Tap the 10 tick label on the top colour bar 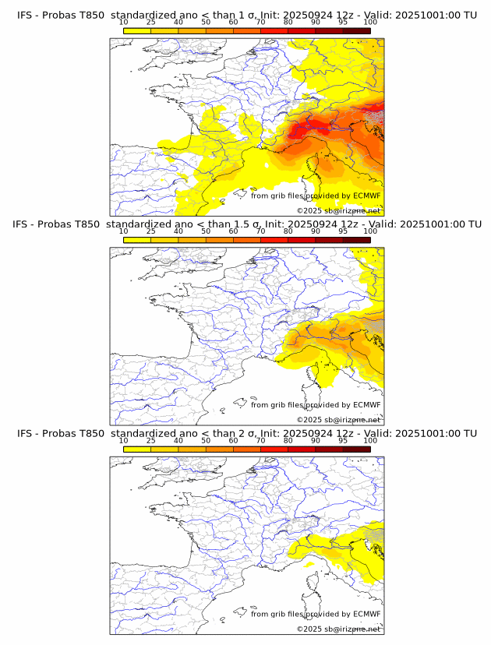124,22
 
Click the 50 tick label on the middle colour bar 206,231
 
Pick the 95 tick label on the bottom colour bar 343,440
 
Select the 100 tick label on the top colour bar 370,22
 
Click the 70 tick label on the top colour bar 260,22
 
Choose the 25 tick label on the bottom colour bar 151,440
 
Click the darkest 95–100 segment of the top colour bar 356,30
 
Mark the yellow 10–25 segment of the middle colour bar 137,240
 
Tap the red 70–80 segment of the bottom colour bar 274,449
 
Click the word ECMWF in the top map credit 367,196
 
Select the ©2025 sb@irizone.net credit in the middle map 338,420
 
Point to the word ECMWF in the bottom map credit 367,614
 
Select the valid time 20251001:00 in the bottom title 429,433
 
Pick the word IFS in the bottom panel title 25,433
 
